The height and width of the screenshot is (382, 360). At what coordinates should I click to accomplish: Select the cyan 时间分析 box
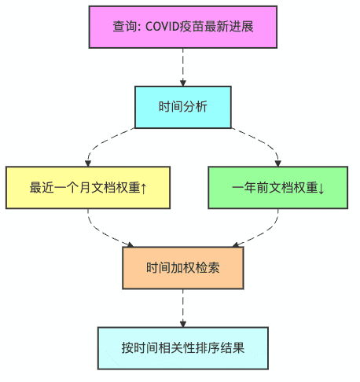[183, 107]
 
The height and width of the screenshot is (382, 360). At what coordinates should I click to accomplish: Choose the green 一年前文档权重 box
[278, 187]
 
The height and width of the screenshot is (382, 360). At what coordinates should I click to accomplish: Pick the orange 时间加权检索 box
[183, 267]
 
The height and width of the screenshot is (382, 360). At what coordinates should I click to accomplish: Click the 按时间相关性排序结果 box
[183, 347]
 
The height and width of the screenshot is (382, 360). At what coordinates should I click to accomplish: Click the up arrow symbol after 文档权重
[145, 188]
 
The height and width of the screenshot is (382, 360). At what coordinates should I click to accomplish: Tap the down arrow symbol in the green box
[322, 188]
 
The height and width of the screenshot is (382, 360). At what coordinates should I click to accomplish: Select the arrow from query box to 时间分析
[183, 67]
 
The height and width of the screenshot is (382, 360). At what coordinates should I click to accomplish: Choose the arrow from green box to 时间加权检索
[259, 232]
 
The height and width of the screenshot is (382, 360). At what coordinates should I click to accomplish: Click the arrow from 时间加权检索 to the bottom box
[183, 307]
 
